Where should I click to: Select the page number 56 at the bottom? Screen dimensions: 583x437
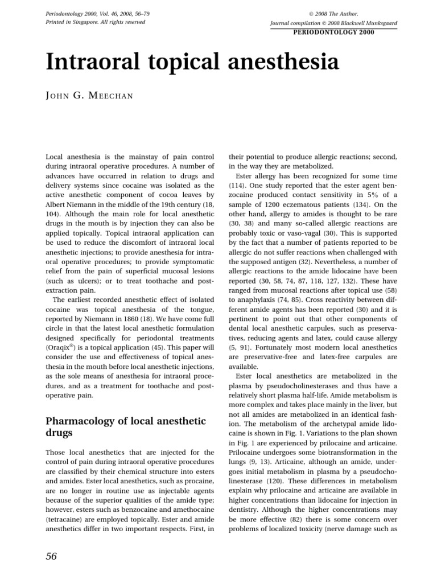[51, 557]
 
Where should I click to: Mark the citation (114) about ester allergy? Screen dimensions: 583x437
[237, 186]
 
